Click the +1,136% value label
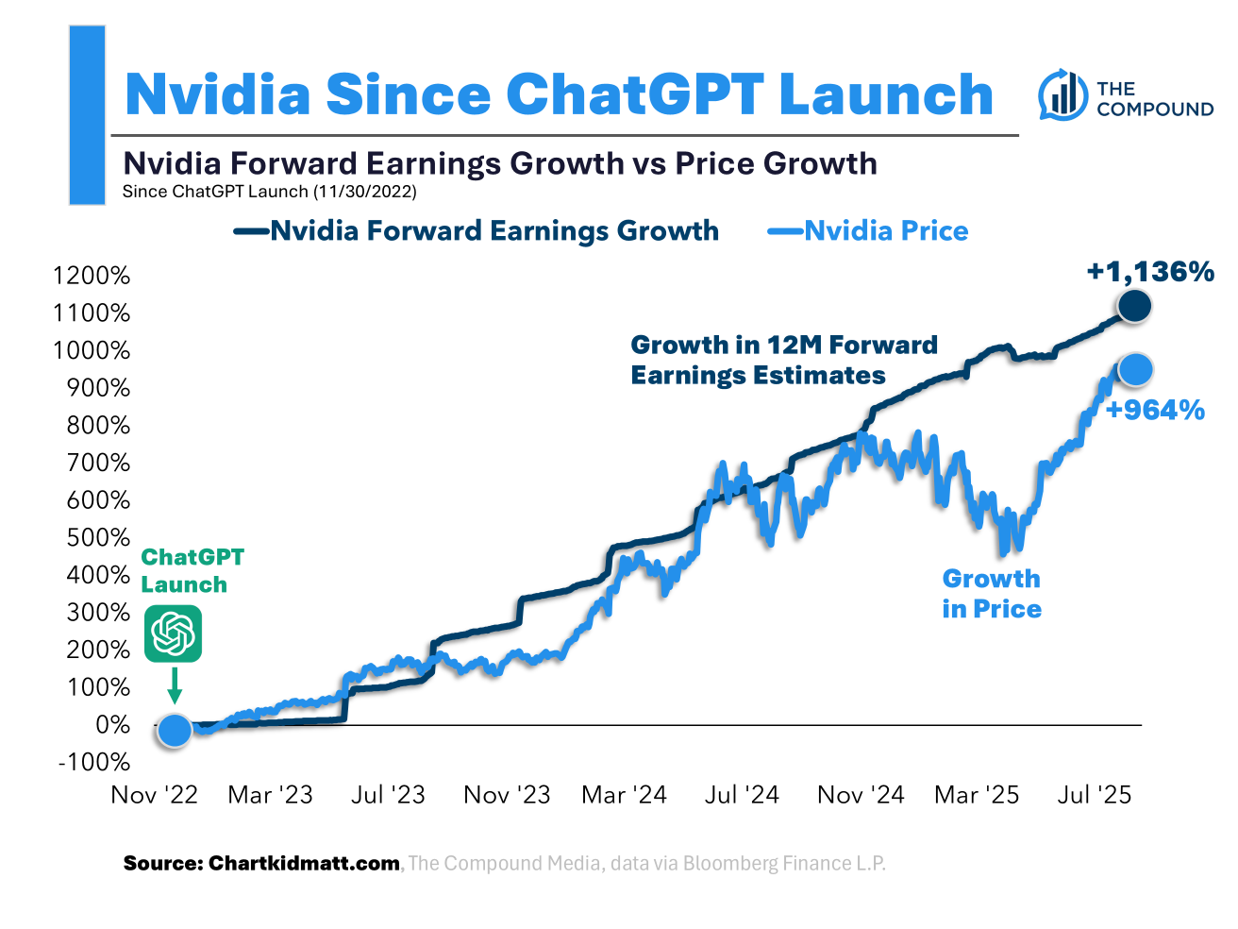1150,272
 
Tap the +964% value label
1155,410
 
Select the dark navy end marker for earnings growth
1133,306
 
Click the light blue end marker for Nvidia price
1135,369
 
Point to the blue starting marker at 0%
175,730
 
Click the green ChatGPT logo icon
174,634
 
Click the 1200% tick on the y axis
92,276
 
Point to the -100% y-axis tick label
94,762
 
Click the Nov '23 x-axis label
507,795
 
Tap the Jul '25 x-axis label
1094,795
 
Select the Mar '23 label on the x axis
270,795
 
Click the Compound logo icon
1062,94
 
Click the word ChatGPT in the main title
634,94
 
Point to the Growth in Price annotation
992,594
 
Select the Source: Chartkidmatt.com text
261,863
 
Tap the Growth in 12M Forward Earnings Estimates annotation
783,360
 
